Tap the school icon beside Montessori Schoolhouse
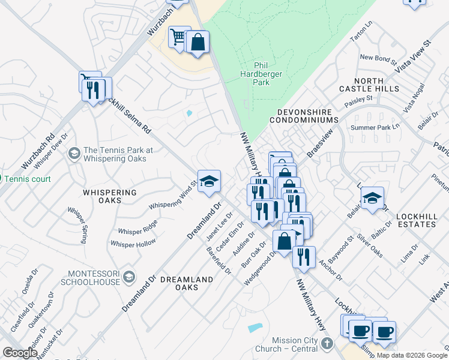128,277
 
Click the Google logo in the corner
20,353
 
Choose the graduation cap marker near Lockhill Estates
372,198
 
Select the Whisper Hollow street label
133,243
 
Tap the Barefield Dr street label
218,259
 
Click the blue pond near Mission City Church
255,328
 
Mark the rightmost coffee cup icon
384,331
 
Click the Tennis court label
28,179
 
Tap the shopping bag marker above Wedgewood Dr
284,241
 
